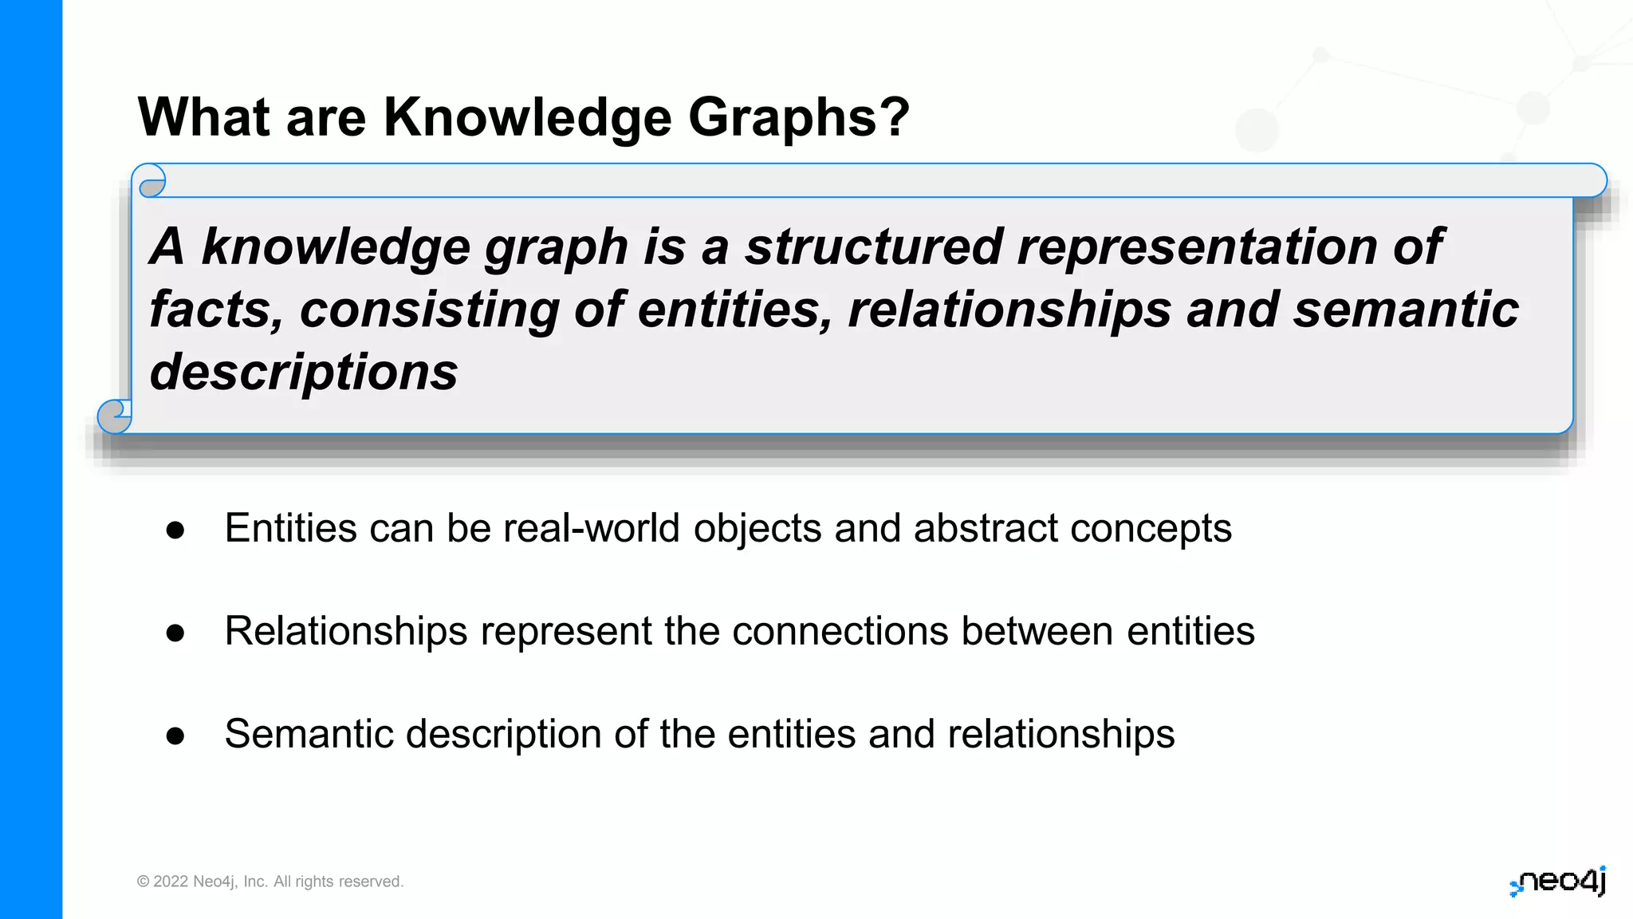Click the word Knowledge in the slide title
(527, 117)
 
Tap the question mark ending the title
(894, 116)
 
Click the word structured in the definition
(872, 247)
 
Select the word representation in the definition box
(1196, 247)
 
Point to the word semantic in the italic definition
(1406, 310)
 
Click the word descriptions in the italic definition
(304, 373)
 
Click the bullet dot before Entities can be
(175, 530)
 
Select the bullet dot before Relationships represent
(175, 633)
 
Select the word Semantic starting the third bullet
(309, 734)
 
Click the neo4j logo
(1558, 882)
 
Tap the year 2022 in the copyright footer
(171, 882)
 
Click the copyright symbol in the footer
(144, 882)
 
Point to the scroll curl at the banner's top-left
(150, 183)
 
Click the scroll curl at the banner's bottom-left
(114, 415)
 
